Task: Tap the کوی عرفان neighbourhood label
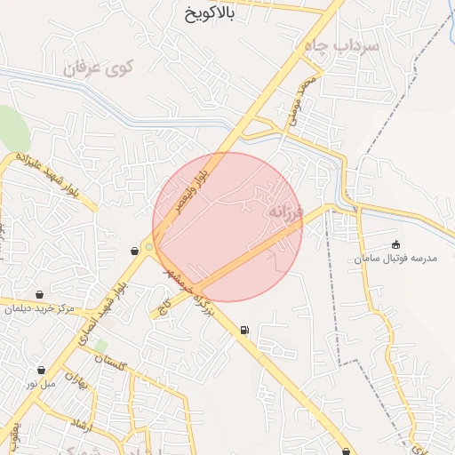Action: pyautogui.click(x=99, y=67)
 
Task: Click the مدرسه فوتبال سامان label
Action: pyautogui.click(x=396, y=259)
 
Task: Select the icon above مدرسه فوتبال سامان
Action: pyautogui.click(x=396, y=245)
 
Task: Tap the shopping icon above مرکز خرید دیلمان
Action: pyautogui.click(x=40, y=294)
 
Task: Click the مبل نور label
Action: pyautogui.click(x=41, y=384)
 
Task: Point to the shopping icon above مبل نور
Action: pyautogui.click(x=41, y=370)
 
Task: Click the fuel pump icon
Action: pyautogui.click(x=244, y=331)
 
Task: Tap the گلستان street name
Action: pyautogui.click(x=111, y=361)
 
